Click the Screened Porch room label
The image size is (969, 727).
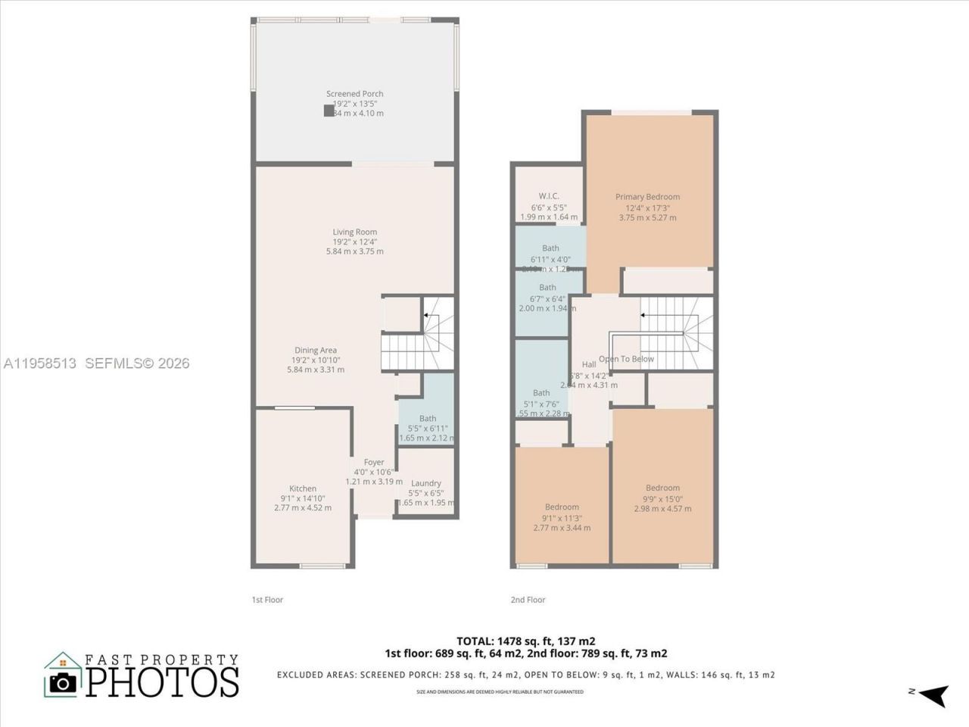point(354,94)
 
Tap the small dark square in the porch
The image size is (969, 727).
point(329,111)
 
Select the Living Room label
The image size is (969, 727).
point(354,232)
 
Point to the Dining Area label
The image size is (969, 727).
point(316,350)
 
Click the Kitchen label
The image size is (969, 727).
point(303,488)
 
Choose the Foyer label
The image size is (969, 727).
point(374,462)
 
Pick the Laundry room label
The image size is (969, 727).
point(426,483)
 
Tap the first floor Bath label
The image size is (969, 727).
point(428,418)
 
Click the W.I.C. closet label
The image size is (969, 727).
point(549,196)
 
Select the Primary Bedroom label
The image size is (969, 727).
point(647,197)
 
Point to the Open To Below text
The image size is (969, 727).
point(626,359)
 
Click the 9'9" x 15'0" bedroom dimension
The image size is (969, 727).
point(662,498)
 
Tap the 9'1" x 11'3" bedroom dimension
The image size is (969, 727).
point(562,518)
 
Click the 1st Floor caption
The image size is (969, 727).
point(267,600)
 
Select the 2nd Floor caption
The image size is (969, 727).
point(528,600)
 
